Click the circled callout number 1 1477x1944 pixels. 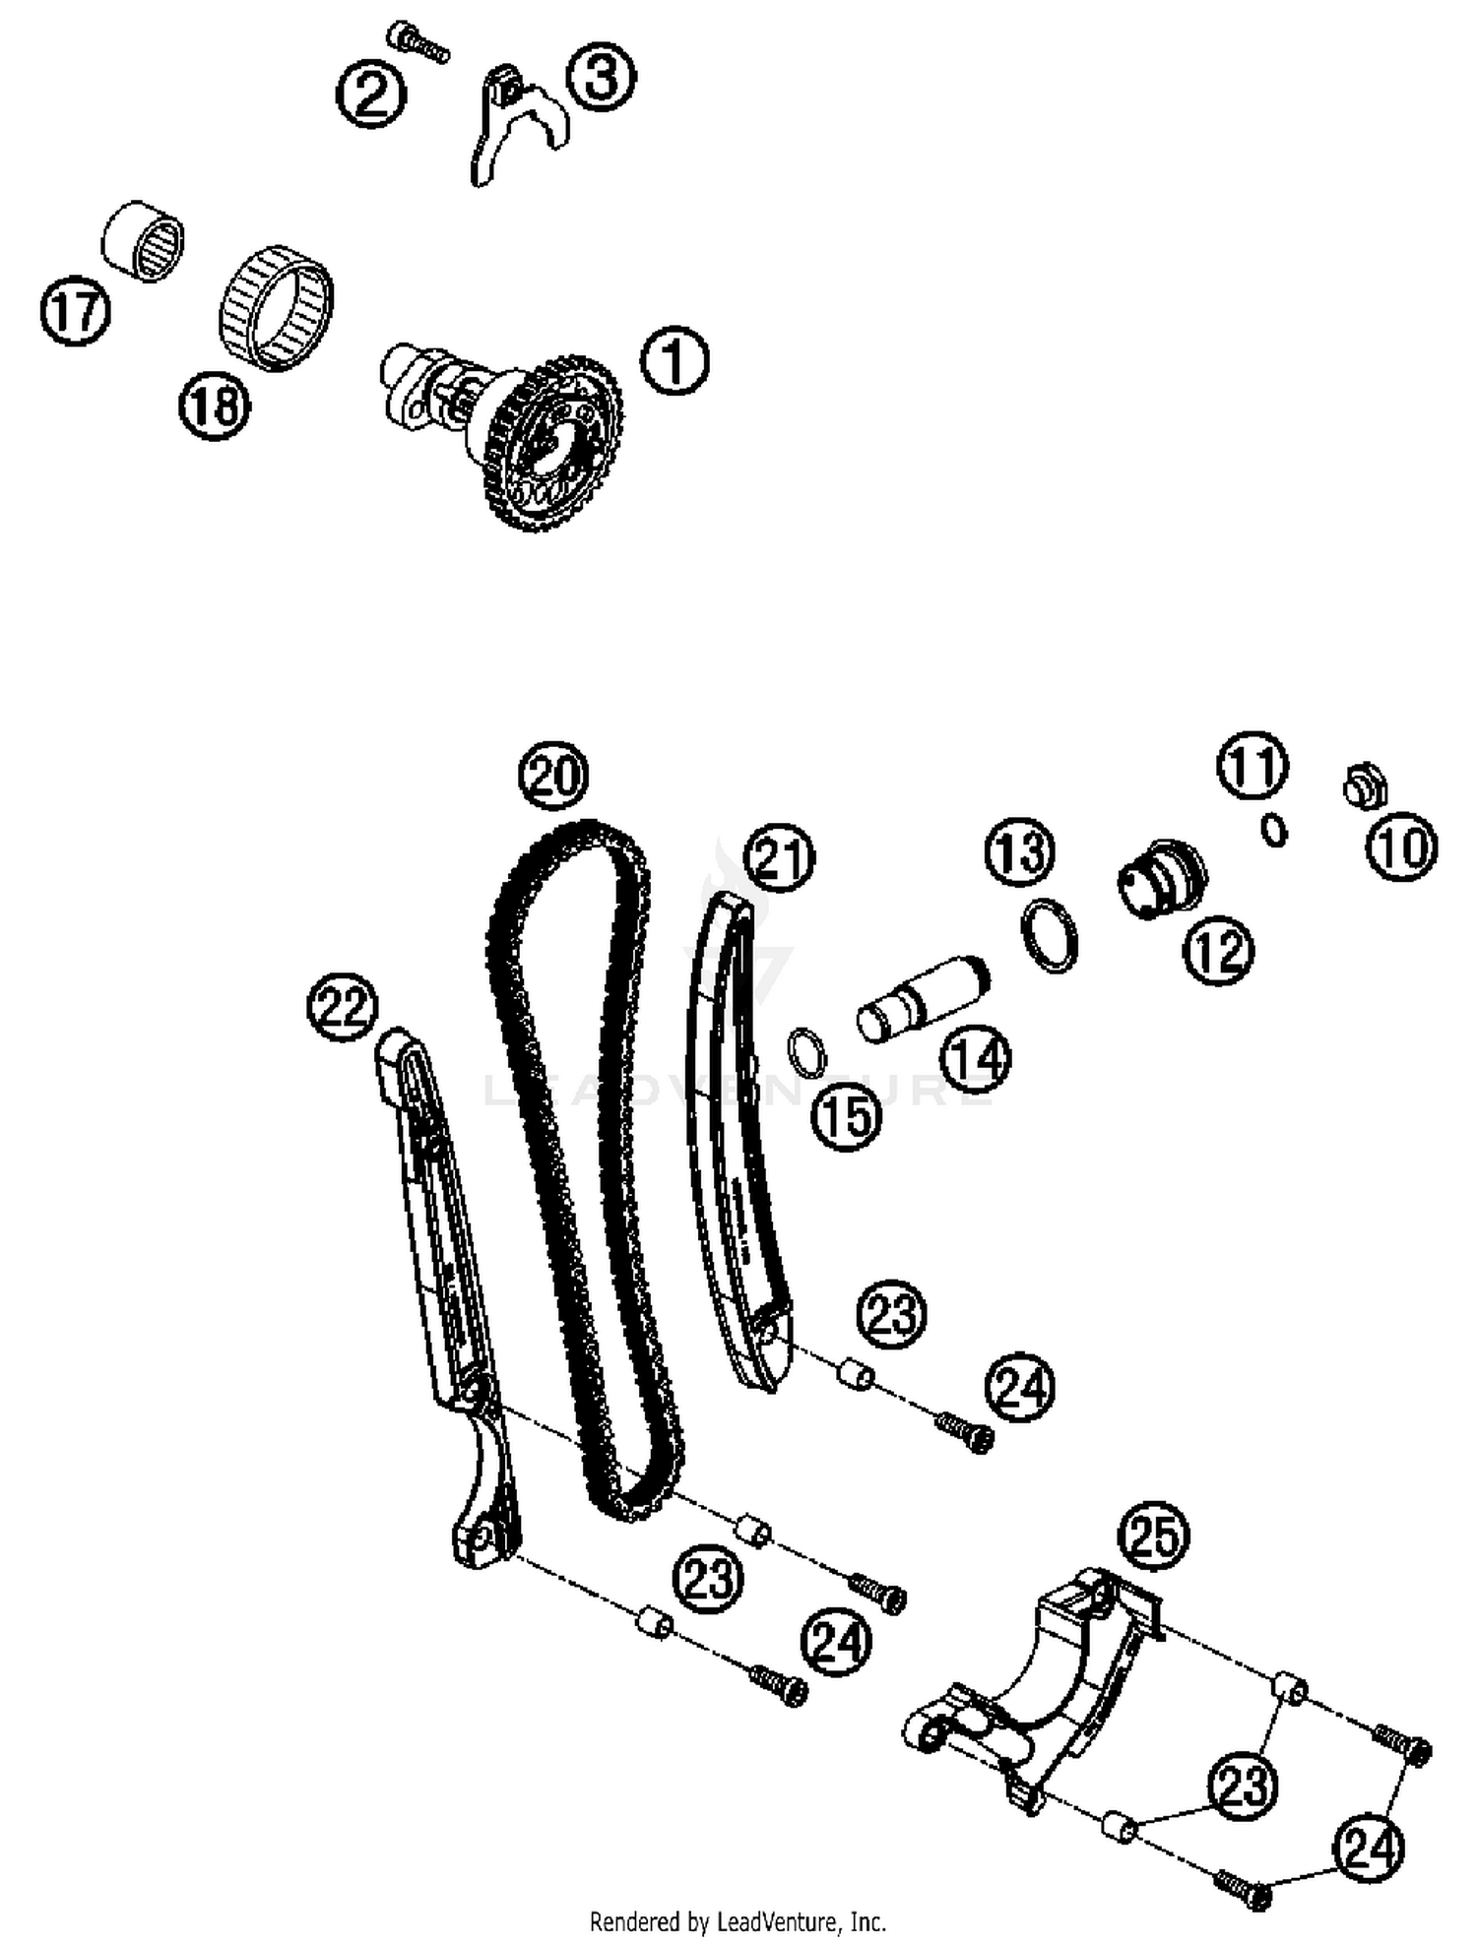click(674, 361)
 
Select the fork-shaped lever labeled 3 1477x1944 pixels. click(510, 123)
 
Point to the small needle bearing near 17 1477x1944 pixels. click(145, 242)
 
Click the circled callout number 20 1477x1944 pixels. click(553, 777)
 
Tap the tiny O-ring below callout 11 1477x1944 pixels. click(1274, 830)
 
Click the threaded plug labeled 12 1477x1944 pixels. click(1162, 878)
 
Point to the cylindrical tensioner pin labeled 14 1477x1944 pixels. click(922, 997)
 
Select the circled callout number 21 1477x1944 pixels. click(779, 857)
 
